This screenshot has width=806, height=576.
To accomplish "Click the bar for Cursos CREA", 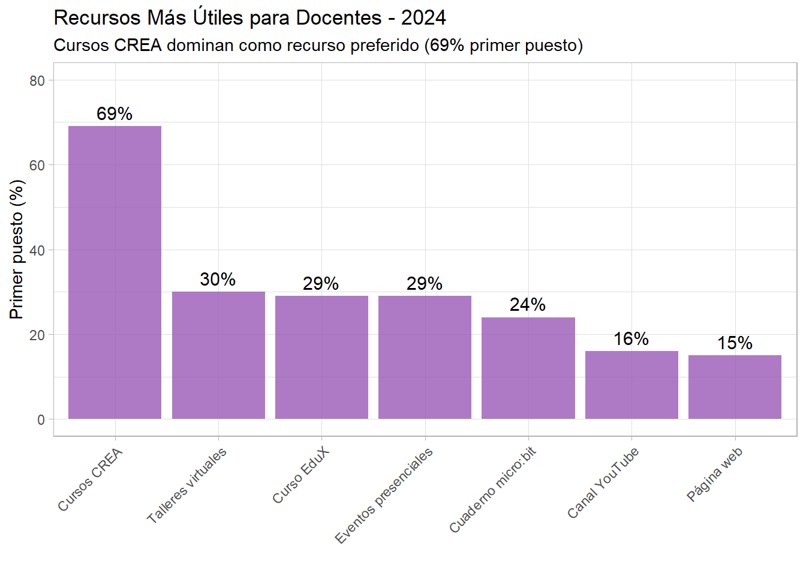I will [x=115, y=272].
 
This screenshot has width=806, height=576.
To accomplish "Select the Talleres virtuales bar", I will [x=218, y=355].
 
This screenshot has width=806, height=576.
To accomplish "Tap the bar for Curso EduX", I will [x=321, y=357].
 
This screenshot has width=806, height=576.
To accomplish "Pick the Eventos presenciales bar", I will [x=425, y=357].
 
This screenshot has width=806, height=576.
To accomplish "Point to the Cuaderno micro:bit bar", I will [x=528, y=368].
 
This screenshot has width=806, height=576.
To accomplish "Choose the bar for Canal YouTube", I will [x=631, y=385].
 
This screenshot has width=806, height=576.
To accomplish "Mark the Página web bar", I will [x=735, y=387].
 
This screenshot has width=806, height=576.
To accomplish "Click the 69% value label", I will [x=115, y=113].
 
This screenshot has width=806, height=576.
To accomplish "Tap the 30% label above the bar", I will [x=218, y=279].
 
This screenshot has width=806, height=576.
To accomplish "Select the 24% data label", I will [x=528, y=305].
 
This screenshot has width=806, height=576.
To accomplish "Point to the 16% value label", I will [x=631, y=339].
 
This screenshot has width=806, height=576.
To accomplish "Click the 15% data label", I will [x=735, y=343].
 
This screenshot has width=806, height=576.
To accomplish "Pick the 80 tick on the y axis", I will [x=37, y=81].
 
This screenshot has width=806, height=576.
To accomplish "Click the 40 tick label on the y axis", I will [x=37, y=250].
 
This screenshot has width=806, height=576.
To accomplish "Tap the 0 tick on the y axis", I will [x=41, y=419].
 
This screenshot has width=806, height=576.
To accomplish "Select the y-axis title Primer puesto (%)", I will [x=17, y=249].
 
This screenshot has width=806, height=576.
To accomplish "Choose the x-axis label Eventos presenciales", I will [x=384, y=496].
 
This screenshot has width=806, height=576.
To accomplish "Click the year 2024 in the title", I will [x=423, y=18].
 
